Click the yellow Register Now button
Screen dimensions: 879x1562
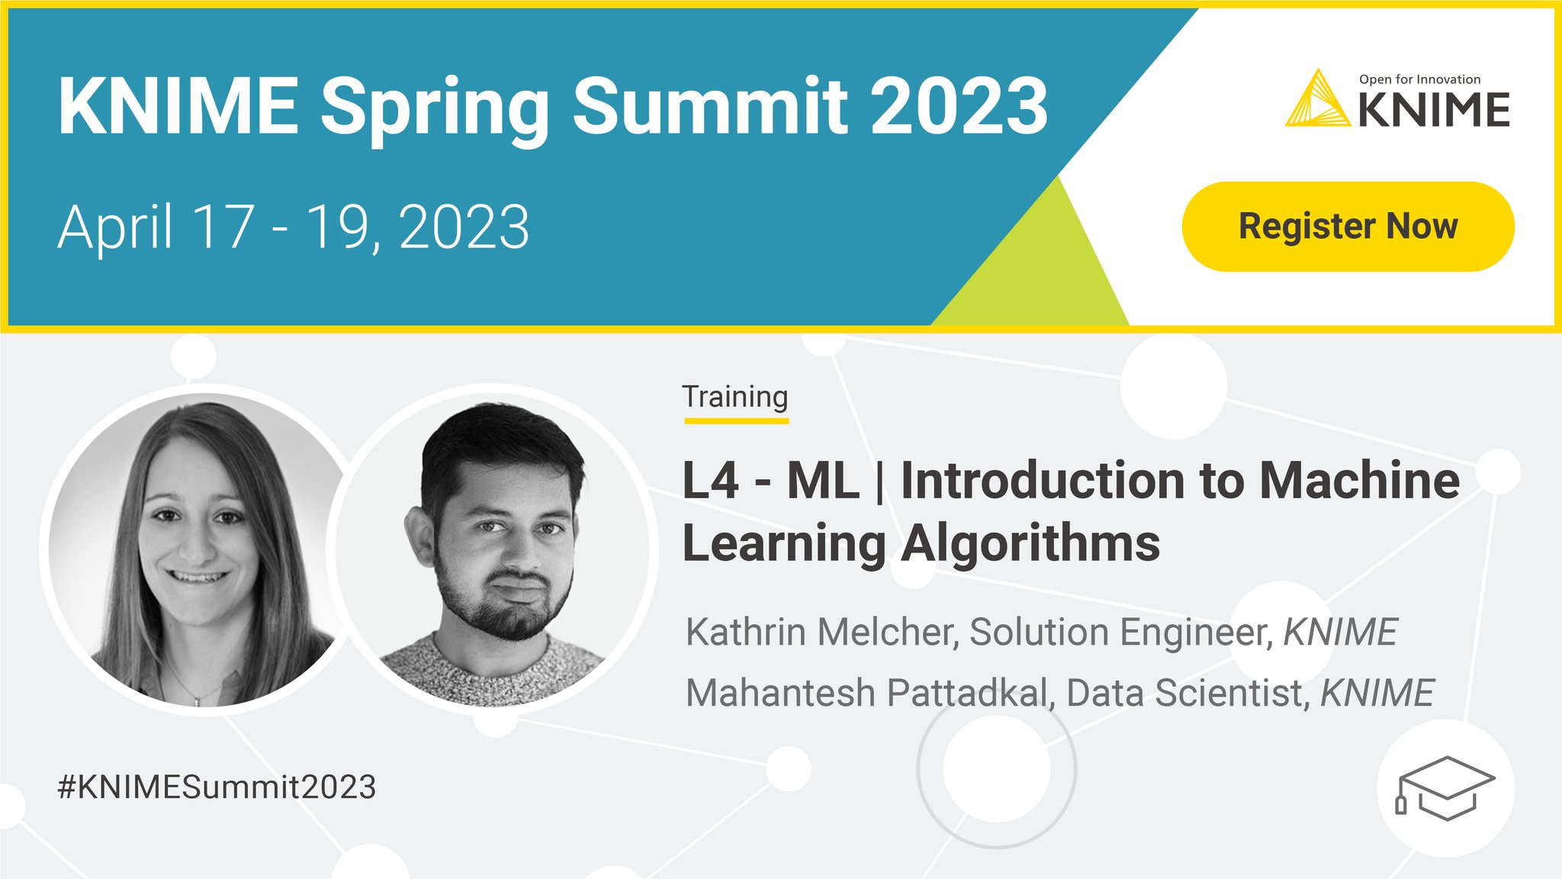click(1348, 227)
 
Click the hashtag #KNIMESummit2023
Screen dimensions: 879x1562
click(217, 787)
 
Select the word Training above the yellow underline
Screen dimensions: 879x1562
click(734, 397)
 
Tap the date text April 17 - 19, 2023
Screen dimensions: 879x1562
click(294, 227)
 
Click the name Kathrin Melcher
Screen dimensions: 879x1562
click(820, 632)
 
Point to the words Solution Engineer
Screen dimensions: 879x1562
click(1118, 632)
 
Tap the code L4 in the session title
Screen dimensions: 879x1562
click(710, 481)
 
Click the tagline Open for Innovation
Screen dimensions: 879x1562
click(1419, 79)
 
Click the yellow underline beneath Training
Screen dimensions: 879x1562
click(736, 420)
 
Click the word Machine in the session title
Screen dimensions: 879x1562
click(1359, 481)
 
